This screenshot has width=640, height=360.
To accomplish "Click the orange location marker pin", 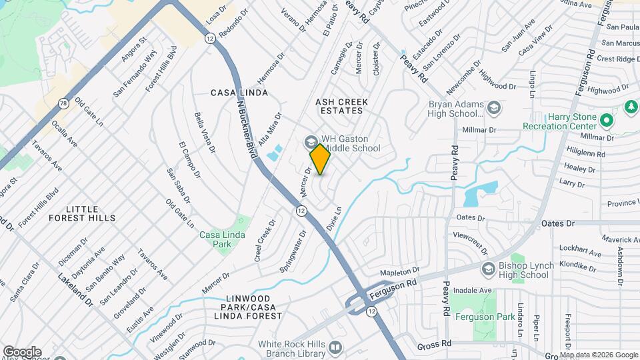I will [321, 159].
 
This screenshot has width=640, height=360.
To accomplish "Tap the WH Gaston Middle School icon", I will [310, 142].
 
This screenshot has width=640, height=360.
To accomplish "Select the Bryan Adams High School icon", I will [494, 107].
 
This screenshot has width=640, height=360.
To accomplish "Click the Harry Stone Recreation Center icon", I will [606, 121].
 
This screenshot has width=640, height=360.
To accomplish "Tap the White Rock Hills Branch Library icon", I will [335, 347].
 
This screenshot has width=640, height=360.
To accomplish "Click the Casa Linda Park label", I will [223, 239].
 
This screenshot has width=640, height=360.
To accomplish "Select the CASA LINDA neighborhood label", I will [239, 93].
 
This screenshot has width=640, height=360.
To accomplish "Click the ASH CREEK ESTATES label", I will [343, 106].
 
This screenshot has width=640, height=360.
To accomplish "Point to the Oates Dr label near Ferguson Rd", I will [557, 223].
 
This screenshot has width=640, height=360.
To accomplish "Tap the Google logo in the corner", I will [22, 351].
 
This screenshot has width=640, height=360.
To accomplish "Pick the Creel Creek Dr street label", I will [265, 240].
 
